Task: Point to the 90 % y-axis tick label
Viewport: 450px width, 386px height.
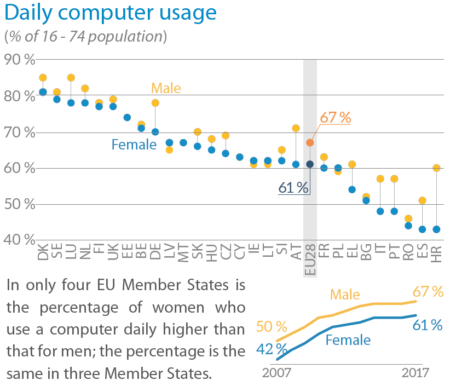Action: (19, 59)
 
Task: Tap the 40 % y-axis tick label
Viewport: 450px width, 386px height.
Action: (19, 239)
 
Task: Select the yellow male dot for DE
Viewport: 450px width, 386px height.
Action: (155, 103)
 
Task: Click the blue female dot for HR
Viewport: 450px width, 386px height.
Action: (436, 229)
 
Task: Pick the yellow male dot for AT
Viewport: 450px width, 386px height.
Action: (296, 128)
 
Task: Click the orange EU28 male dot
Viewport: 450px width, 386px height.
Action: (310, 142)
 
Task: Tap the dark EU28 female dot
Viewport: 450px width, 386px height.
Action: (310, 164)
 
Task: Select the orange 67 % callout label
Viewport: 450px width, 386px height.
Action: (335, 117)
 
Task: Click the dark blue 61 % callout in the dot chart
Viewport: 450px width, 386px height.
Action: (293, 188)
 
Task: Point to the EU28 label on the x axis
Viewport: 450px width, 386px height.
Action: (310, 260)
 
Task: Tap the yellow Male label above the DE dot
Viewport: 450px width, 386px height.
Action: (166, 88)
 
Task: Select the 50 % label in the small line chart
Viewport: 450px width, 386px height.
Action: (271, 327)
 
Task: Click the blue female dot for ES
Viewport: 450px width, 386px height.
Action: (422, 229)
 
